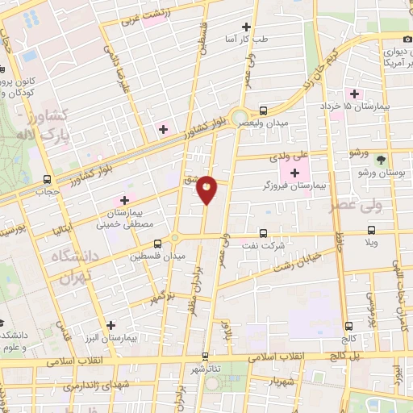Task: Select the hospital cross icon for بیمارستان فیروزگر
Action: [294, 173]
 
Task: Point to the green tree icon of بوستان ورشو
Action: [382, 160]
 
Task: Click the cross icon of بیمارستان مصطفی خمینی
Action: [124, 200]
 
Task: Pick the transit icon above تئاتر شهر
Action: [205, 355]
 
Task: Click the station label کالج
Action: [348, 336]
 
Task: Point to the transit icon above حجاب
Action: [47, 179]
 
